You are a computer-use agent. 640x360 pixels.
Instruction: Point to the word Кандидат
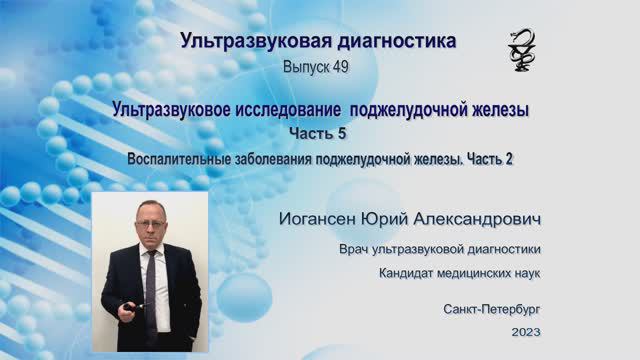click(x=409, y=272)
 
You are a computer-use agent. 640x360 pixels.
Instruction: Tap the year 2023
click(x=524, y=331)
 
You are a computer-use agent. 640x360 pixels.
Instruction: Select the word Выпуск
click(x=306, y=66)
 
